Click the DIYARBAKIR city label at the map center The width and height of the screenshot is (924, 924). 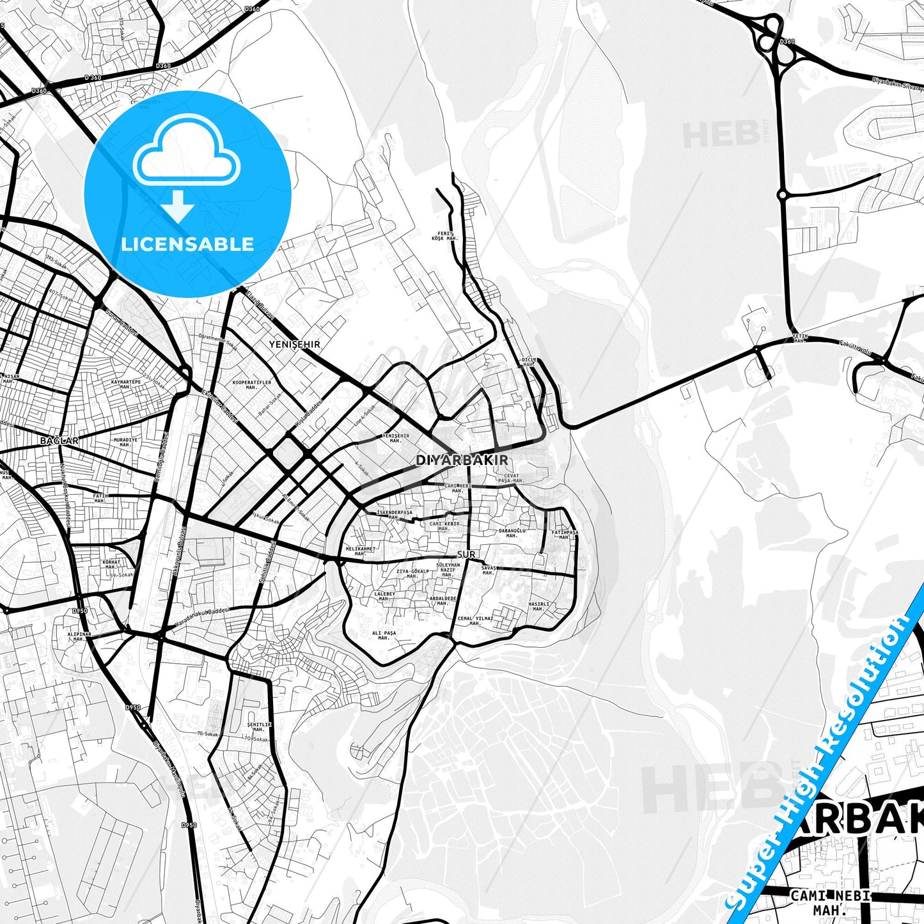[x=462, y=460]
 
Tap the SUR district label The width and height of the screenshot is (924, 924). [x=466, y=554]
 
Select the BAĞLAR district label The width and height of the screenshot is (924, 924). [x=59, y=441]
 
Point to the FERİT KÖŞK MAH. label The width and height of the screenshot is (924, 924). [x=444, y=236]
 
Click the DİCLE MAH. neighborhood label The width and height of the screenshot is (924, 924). [x=529, y=362]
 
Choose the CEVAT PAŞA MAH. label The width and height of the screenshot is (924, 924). [x=512, y=478]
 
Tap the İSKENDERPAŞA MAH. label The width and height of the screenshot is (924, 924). [x=394, y=515]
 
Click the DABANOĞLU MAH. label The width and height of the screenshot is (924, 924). [x=512, y=533]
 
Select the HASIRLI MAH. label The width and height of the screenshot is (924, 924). [x=538, y=606]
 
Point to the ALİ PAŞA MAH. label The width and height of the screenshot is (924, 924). [x=384, y=635]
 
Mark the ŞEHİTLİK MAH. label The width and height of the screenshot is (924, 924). [x=258, y=726]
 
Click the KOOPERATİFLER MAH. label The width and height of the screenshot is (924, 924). [x=251, y=384]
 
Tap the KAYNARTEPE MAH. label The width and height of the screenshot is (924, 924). [x=125, y=384]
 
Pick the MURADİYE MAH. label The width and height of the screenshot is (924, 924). [x=125, y=442]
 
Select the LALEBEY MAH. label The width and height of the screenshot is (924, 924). [x=384, y=596]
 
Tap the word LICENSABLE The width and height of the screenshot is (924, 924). [x=187, y=244]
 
